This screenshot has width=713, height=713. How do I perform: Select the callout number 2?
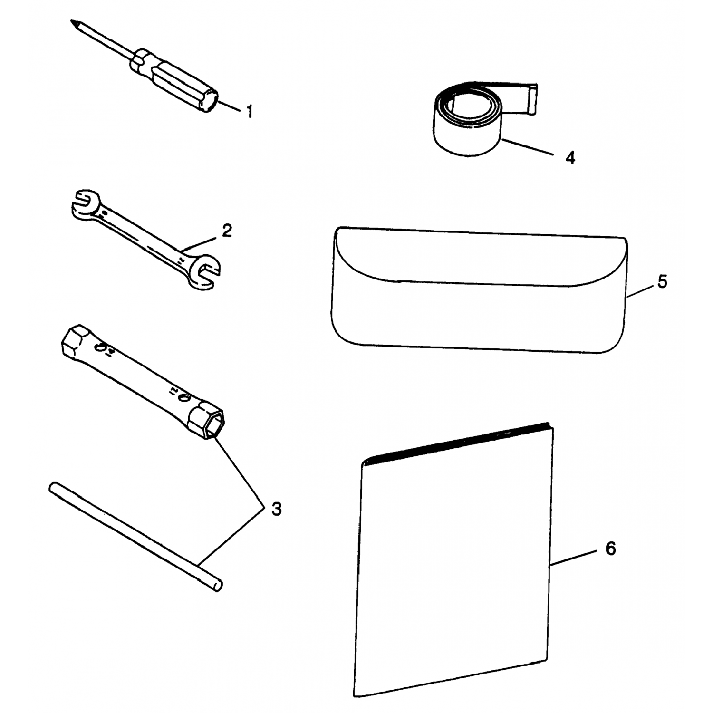227,231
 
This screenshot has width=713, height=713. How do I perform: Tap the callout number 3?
276,509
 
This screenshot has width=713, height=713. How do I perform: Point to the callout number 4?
570,157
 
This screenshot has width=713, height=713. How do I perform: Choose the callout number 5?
662,281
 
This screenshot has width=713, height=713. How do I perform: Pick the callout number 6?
610,549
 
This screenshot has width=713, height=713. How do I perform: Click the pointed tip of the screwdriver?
71,21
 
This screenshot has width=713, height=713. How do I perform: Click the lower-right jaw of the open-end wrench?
204,275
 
